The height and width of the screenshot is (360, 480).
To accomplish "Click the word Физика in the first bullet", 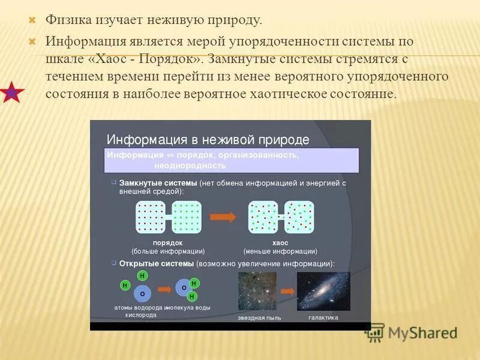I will (x=68, y=20).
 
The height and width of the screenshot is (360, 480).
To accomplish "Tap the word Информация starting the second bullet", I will (x=85, y=43).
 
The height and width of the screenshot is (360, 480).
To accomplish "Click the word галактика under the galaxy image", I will (x=323, y=317).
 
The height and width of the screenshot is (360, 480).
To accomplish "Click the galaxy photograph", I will (x=323, y=292).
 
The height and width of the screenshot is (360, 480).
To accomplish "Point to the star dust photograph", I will (x=257, y=292).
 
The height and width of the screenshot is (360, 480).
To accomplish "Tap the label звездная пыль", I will (x=259, y=318).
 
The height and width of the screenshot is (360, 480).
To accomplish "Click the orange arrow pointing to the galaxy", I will (x=289, y=291).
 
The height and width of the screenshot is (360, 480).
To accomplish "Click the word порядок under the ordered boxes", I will (x=168, y=242).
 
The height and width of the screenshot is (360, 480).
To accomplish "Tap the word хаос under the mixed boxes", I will (x=280, y=242).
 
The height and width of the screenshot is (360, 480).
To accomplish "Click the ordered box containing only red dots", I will (x=151, y=217).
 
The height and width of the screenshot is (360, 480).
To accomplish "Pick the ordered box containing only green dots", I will (x=187, y=217).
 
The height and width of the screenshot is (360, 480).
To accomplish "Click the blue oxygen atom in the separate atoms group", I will (x=142, y=293).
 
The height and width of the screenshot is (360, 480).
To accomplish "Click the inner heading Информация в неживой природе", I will (x=208, y=140).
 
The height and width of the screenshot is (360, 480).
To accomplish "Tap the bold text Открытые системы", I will (x=156, y=263).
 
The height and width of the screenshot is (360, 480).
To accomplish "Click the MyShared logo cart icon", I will (x=375, y=332).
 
